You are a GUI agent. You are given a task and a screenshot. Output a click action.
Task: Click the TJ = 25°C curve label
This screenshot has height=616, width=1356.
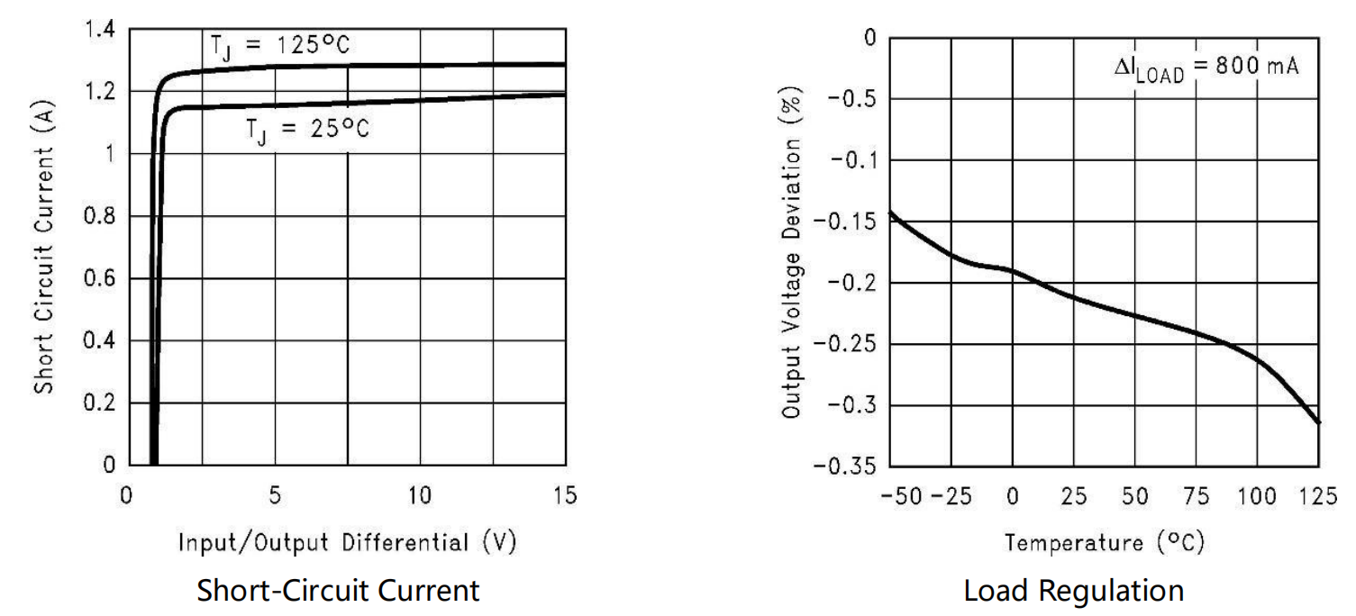307,129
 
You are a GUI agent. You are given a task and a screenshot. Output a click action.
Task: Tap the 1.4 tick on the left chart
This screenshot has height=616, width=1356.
99,30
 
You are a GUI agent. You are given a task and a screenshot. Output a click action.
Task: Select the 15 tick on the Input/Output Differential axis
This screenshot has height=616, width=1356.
564,496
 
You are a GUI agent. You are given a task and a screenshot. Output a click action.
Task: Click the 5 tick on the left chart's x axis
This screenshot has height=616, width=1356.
275,496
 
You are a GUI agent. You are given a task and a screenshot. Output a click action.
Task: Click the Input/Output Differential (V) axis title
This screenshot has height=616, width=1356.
347,542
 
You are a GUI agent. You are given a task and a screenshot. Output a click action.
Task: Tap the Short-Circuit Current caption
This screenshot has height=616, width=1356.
338,591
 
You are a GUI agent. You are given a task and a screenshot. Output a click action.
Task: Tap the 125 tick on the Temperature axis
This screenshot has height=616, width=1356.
1319,496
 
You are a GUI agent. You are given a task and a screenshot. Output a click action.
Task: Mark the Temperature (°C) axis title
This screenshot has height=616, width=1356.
1104,542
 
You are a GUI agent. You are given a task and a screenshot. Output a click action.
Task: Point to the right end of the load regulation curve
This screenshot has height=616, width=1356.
1318,422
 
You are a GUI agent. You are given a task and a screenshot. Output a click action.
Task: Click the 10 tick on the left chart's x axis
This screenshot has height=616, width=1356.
420,496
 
